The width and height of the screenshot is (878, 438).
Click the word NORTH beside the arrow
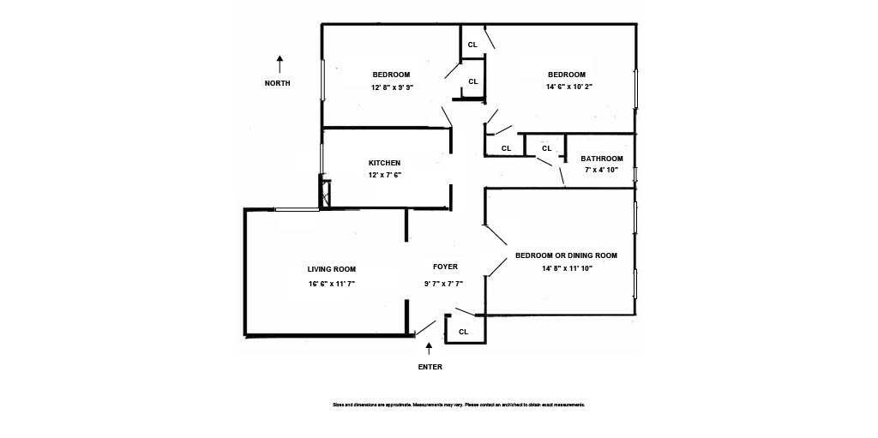[277, 83]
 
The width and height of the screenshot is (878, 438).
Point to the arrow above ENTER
[430, 349]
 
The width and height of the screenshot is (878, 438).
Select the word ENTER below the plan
[430, 367]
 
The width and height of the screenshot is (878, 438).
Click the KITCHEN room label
[384, 163]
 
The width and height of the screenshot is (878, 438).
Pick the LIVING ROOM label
[332, 269]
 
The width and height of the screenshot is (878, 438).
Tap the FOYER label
[445, 267]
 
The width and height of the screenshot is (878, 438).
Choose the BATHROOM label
[602, 159]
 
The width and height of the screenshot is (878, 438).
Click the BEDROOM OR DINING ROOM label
[566, 255]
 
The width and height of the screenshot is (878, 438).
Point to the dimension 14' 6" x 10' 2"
[569, 87]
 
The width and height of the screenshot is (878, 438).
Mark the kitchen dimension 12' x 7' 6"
[385, 175]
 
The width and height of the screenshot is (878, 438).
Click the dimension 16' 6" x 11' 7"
[332, 283]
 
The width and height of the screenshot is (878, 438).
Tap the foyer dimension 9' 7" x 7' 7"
[444, 283]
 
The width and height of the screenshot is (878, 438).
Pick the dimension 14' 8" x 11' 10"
[567, 268]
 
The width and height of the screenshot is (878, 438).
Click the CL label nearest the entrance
[463, 332]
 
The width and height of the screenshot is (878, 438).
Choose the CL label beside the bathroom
[546, 148]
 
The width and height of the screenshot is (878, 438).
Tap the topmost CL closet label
[472, 45]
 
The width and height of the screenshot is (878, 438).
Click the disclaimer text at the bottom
[458, 405]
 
